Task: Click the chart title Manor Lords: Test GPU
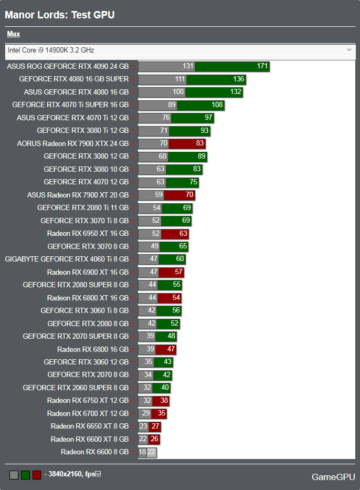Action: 59,15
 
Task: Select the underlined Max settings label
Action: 13,34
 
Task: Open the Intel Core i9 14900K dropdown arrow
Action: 350,50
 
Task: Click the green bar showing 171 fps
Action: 232,67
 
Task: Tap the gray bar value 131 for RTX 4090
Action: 188,67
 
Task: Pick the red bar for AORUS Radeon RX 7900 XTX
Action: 187,143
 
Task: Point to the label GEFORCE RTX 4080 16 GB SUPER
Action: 73,79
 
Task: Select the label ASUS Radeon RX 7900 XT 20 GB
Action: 78,195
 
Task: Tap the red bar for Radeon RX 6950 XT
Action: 175,233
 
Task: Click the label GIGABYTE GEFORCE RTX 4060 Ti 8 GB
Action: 67,259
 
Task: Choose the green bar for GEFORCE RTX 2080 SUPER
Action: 170,285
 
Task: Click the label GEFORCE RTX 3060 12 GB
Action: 86,362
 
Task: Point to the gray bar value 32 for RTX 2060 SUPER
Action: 147,388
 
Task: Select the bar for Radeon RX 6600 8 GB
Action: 147,452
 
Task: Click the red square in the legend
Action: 37,475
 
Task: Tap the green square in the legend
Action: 25,475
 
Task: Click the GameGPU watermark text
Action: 333,477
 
